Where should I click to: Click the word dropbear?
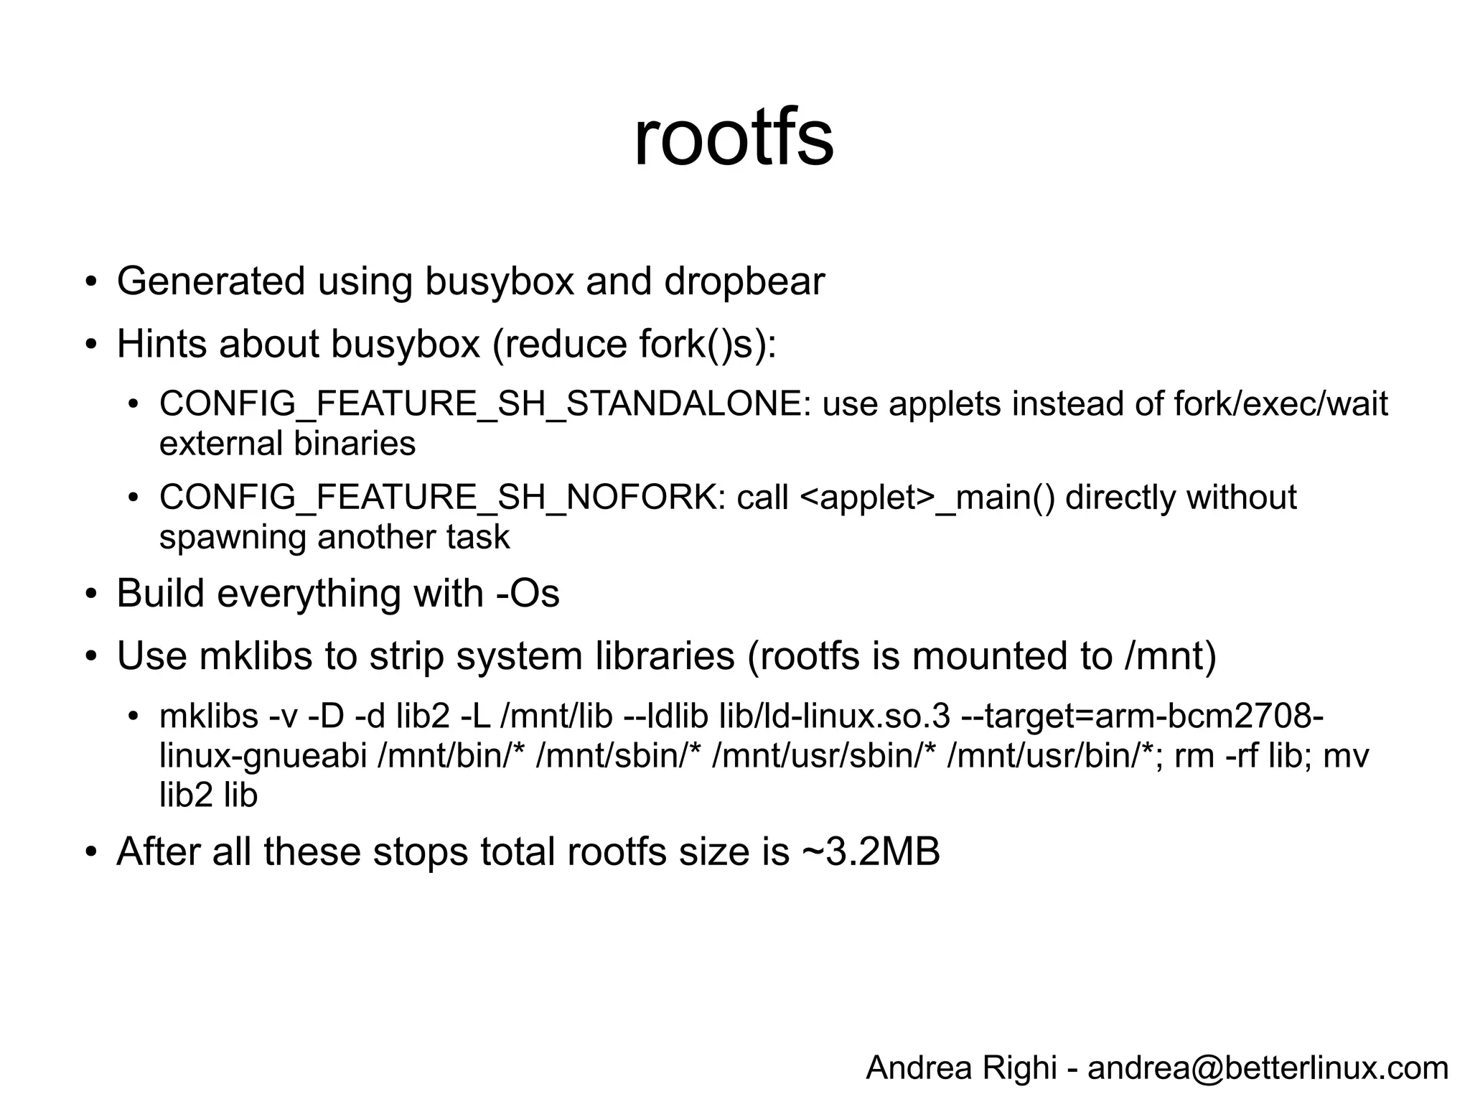pos(744,281)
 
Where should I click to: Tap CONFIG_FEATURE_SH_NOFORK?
pos(437,498)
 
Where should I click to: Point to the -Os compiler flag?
pos(528,594)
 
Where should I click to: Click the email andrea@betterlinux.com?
pos(1268,1068)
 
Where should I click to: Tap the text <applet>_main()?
pos(927,498)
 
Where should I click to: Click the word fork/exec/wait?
pos(1281,404)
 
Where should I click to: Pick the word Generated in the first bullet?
pos(211,281)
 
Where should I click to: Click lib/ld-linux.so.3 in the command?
pos(835,716)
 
